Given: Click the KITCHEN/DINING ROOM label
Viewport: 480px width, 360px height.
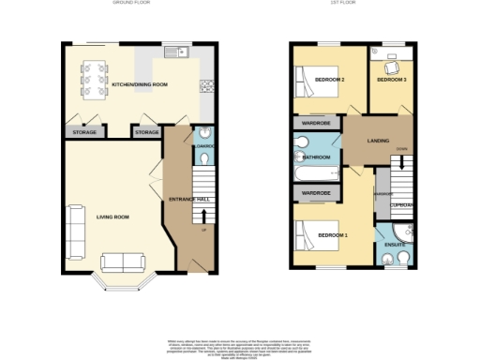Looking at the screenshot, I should click(140, 85).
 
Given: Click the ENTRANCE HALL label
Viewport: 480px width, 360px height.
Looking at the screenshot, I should click(187, 198).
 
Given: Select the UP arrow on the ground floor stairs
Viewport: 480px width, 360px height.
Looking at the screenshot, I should click(203, 228).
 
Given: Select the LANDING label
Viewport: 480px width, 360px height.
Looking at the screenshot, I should click(378, 142).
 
